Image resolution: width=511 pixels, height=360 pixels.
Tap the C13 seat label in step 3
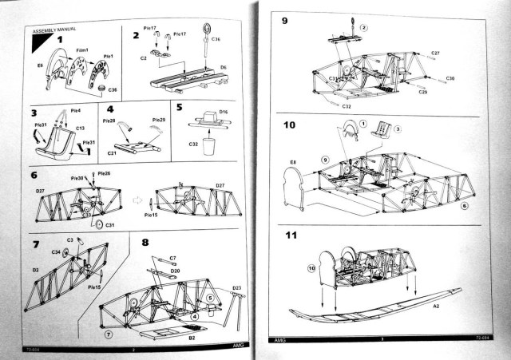[81, 127]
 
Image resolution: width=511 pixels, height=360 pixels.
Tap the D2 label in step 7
[36, 271]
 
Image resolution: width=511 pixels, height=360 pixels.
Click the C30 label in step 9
[450, 78]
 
